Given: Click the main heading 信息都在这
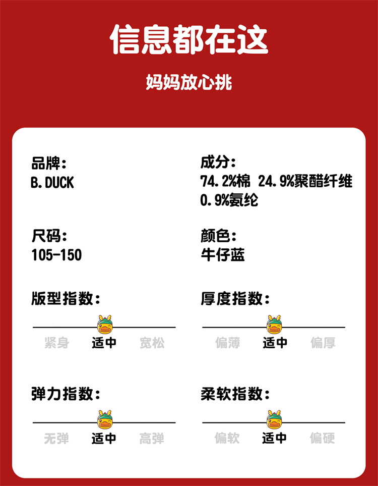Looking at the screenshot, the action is click(189, 39).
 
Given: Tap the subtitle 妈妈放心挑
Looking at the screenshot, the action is click(189, 82).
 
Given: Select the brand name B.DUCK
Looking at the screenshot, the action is click(52, 182).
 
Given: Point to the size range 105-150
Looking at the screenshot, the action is click(56, 255).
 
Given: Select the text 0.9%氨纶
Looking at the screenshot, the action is click(229, 200).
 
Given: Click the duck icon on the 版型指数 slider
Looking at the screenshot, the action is click(105, 325).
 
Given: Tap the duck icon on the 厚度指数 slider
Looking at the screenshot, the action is click(274, 325).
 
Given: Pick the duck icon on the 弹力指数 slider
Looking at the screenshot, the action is click(105, 420).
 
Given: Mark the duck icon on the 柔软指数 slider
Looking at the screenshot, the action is click(274, 420).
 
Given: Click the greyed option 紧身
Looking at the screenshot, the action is click(56, 343).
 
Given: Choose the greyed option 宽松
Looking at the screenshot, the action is click(152, 343).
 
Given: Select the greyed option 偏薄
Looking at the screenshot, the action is click(227, 343).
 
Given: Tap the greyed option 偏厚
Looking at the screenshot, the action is click(323, 343).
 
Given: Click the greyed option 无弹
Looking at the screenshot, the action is click(56, 438).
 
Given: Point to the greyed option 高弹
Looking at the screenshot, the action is click(152, 438).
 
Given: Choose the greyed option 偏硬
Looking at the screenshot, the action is click(323, 438).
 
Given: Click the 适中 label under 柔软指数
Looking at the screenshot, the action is click(275, 438).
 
